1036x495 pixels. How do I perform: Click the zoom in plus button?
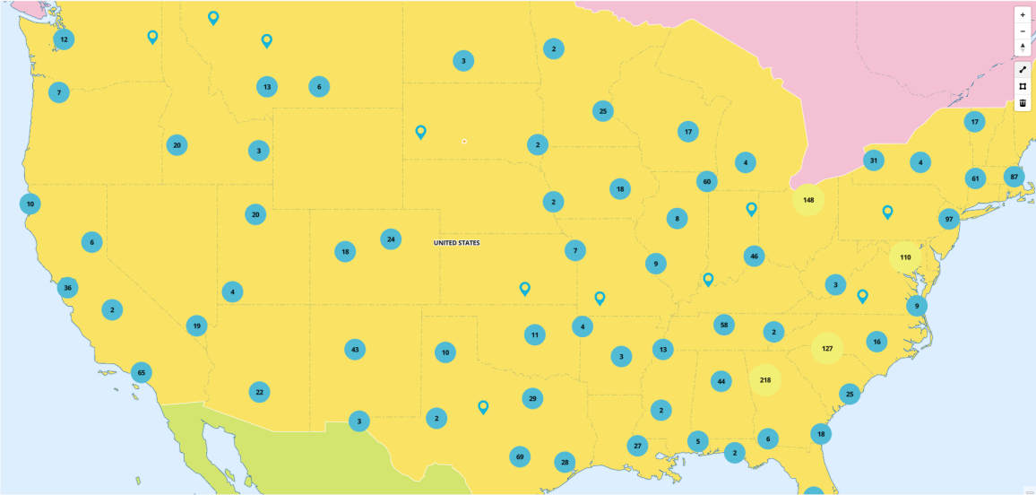coord(1023,15)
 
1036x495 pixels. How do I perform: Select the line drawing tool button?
coord(1023,70)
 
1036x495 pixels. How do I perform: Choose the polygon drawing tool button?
coord(1023,86)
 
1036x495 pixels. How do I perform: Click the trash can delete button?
coord(1023,103)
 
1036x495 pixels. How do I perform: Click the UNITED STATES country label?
coord(456,243)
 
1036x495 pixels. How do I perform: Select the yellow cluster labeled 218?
coord(765,380)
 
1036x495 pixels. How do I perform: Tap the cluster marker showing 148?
coord(808,199)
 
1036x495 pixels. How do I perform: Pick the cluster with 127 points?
coord(827,348)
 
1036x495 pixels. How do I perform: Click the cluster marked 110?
coord(905,257)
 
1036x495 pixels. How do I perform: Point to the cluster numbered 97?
coord(949,219)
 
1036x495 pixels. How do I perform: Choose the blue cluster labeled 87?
coord(1014,177)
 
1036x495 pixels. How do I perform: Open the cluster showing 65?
coord(141,372)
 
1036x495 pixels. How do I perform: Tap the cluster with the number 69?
coord(519,457)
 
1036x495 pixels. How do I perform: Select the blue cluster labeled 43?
coord(355,349)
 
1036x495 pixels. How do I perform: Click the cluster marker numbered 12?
coord(64,39)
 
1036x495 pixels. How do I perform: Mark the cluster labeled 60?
coord(707,182)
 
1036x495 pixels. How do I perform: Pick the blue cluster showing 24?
coord(390,239)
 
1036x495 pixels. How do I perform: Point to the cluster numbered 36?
coord(67,288)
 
